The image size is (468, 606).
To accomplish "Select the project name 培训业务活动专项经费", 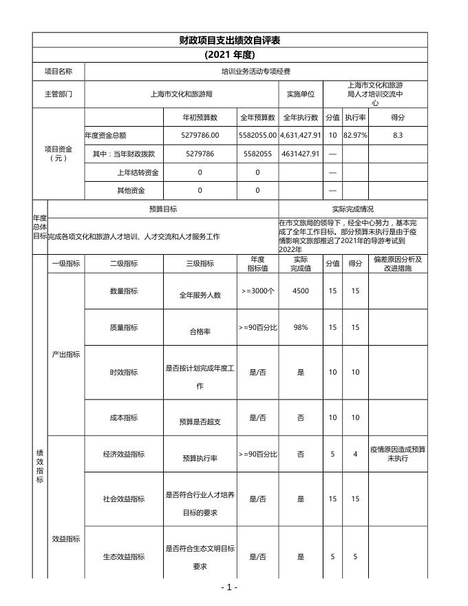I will pyautogui.click(x=255, y=71).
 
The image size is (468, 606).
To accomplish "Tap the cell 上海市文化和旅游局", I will pyautogui.click(x=181, y=94).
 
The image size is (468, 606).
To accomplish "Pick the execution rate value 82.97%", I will pyautogui.click(x=355, y=136).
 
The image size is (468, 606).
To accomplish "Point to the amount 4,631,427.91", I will pyautogui.click(x=301, y=136).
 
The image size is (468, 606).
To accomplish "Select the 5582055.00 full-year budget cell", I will pyautogui.click(x=257, y=136).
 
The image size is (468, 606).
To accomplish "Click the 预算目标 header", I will pyautogui.click(x=163, y=209).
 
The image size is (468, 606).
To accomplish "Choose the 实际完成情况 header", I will pyautogui.click(x=352, y=209).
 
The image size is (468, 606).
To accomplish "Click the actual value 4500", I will pyautogui.click(x=301, y=291).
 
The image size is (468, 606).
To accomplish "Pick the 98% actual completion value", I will pyautogui.click(x=301, y=328).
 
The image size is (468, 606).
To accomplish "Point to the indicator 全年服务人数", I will pyautogui.click(x=200, y=295).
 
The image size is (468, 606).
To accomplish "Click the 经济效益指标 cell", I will pyautogui.click(x=124, y=454).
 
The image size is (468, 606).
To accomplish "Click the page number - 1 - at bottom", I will pyautogui.click(x=229, y=587).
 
